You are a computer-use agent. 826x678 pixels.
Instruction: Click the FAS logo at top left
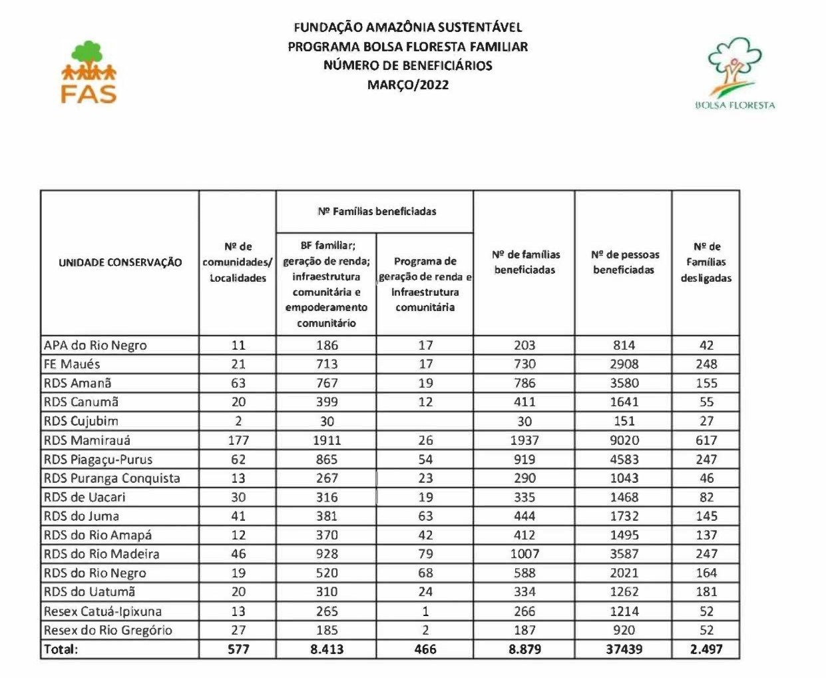tap(89, 73)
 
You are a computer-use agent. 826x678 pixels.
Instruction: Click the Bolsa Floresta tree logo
tap(735, 73)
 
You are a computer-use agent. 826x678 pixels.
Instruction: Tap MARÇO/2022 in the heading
tap(408, 85)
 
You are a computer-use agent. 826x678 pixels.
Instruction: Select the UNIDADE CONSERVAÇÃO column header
tap(120, 262)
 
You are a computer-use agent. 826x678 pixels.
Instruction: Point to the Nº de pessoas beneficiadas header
tap(624, 262)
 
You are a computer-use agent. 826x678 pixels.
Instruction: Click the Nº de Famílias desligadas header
tap(706, 262)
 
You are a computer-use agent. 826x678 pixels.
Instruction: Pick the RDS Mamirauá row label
tap(87, 440)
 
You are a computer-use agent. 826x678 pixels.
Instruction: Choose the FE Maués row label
tap(72, 364)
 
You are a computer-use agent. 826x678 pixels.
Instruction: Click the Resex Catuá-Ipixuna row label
tap(103, 611)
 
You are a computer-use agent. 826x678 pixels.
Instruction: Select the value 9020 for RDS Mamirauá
tap(624, 440)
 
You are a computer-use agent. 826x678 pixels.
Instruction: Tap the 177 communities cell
tap(238, 440)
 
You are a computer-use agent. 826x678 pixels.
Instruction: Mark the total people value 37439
tap(624, 649)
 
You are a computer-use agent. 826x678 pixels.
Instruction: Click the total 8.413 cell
tap(327, 649)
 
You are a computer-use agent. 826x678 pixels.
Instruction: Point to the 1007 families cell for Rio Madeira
tap(524, 554)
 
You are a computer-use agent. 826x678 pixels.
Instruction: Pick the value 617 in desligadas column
tap(706, 440)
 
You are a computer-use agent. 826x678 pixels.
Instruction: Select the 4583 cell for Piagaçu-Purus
tap(624, 460)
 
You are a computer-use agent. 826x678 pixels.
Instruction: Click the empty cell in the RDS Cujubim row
tap(425, 422)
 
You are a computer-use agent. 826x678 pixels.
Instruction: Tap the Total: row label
tap(61, 649)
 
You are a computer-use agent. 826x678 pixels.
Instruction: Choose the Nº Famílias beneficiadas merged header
tap(377, 212)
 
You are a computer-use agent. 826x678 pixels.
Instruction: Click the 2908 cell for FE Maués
tap(624, 364)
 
